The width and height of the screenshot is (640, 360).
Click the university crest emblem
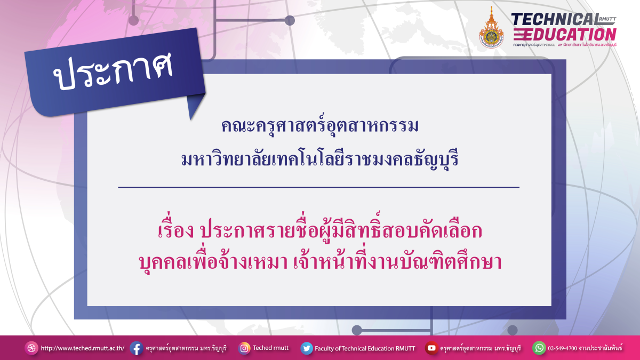(x=491, y=28)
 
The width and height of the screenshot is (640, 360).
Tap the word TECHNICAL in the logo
(x=553, y=19)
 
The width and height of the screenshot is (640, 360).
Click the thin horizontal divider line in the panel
(x=318, y=188)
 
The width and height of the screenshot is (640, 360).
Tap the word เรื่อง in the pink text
(x=174, y=232)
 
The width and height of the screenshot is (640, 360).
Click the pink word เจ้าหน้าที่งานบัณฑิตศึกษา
(x=397, y=262)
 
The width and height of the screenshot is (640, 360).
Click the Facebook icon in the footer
(x=136, y=348)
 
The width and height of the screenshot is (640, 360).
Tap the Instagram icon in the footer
(x=244, y=348)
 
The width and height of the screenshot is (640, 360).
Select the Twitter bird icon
(x=306, y=348)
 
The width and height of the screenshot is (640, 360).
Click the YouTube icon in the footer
(x=431, y=348)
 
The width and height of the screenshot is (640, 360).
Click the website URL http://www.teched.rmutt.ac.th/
(x=82, y=348)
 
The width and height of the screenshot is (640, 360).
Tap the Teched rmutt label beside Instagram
(x=270, y=348)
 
